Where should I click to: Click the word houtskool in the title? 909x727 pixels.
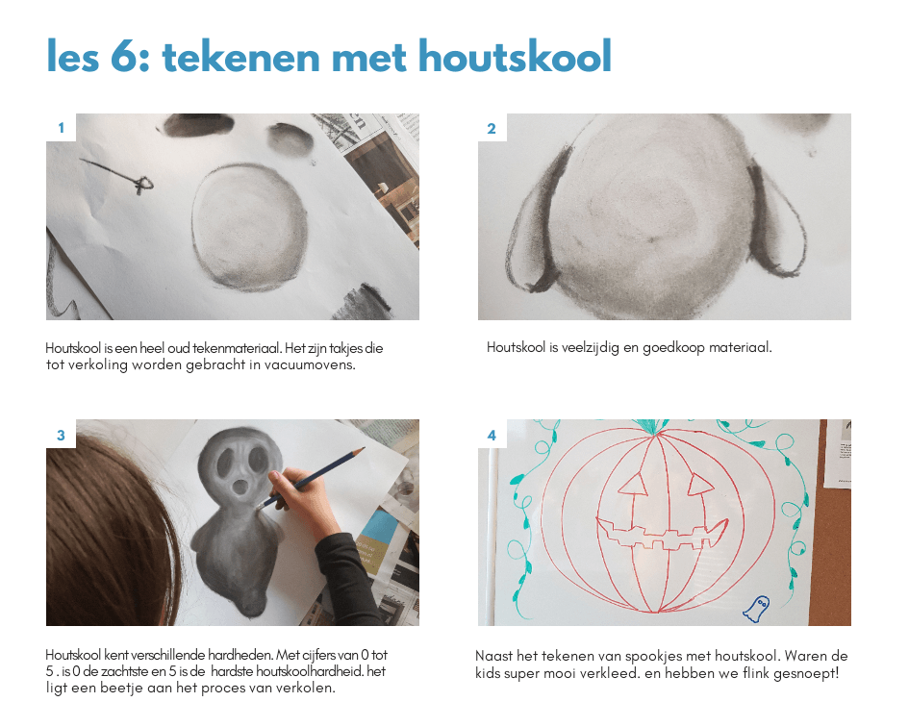[x=515, y=56]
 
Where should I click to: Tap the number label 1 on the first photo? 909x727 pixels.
[x=61, y=128]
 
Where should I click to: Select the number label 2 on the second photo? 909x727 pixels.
[x=492, y=129]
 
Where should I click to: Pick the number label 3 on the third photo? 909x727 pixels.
[x=61, y=436]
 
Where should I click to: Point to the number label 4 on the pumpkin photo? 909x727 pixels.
[x=492, y=436]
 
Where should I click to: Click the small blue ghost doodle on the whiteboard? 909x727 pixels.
[x=756, y=609]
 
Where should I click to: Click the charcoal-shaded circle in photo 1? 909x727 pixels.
[x=249, y=226]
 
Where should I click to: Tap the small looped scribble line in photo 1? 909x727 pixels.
[x=117, y=174]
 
